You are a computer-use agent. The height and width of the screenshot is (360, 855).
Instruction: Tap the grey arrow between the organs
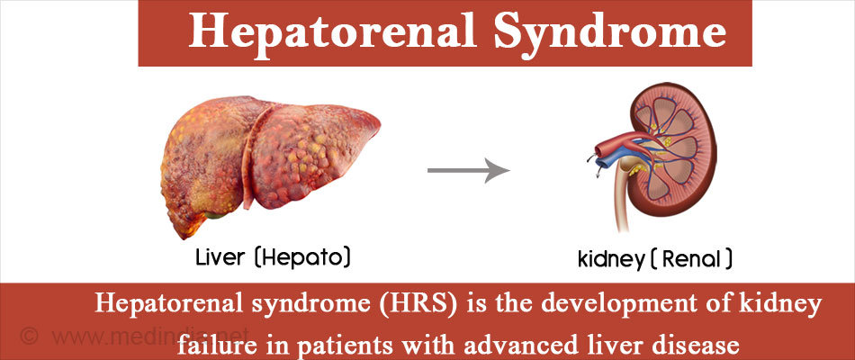[x=468, y=171]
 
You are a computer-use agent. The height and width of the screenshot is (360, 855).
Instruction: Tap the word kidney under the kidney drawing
[x=611, y=259]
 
